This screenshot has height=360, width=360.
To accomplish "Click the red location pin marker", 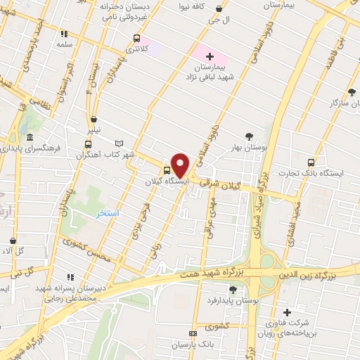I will coord(180,165).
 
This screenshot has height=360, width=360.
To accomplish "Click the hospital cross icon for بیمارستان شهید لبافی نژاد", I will coord(210,56).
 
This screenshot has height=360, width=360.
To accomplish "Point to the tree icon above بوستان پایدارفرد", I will coord(233,289).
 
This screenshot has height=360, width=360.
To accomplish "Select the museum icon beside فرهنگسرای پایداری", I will coord(30,138).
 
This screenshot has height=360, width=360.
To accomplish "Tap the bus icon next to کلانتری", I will coord(136,39).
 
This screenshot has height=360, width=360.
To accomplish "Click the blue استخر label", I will coord(108,212).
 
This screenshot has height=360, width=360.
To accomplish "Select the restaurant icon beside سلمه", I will coord(65,33).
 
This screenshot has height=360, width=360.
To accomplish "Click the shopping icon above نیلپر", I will coord(94,119).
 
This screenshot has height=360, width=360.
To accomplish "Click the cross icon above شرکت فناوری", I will coord(286,312).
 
